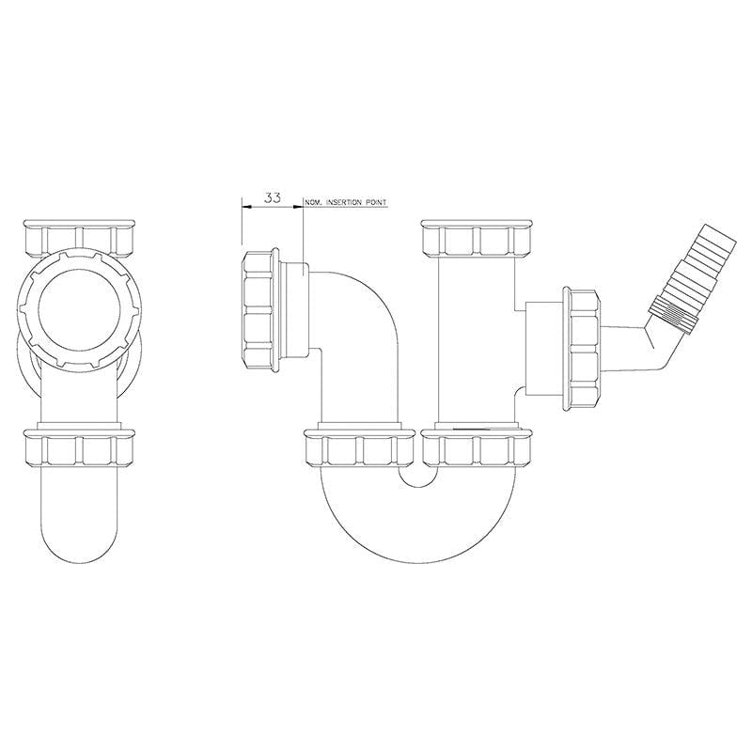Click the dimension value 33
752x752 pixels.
pos(273,197)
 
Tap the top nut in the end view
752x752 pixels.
pos(79,239)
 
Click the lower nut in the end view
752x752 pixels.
pos(79,448)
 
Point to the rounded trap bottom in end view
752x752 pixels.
pos(79,526)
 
